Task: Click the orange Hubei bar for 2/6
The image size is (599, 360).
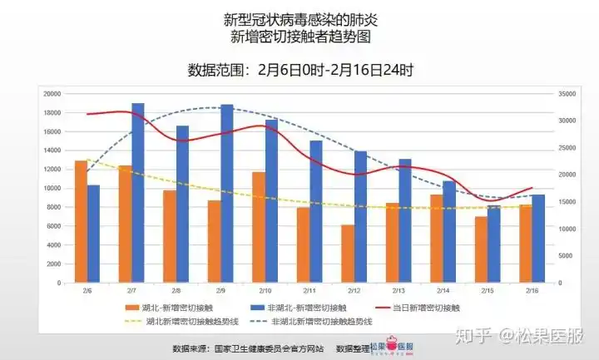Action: coord(81,222)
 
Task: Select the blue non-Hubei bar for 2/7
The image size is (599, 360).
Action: coord(138,193)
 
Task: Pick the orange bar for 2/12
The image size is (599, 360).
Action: coord(347,254)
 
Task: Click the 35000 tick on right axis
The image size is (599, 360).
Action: coord(567,94)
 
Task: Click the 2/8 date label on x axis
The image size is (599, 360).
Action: coord(176,291)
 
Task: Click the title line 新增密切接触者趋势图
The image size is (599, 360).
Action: coord(299,37)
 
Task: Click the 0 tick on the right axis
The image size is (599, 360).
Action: coord(560,284)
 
